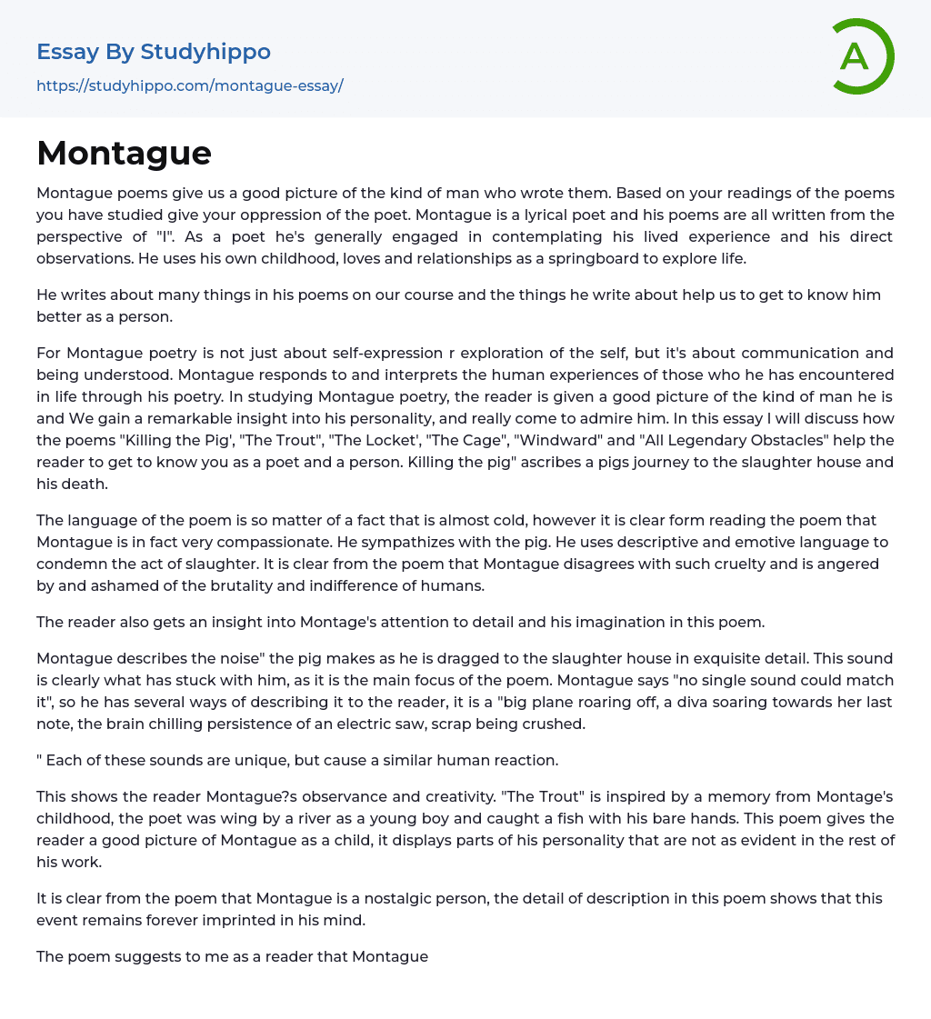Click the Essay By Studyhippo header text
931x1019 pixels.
pos(154,52)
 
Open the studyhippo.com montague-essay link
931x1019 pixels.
pos(189,85)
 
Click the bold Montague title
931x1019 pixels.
pos(124,153)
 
